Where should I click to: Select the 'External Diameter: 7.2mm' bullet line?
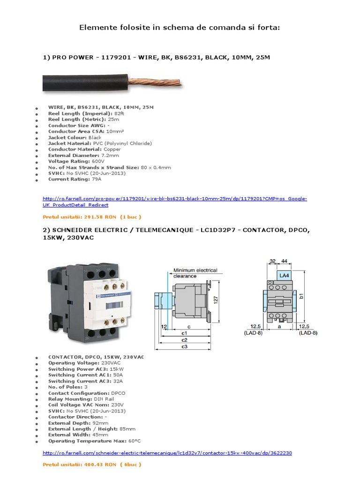pos(83,155)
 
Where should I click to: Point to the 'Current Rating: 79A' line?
pos(75,179)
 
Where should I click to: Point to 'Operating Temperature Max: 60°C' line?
pos(94,441)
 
